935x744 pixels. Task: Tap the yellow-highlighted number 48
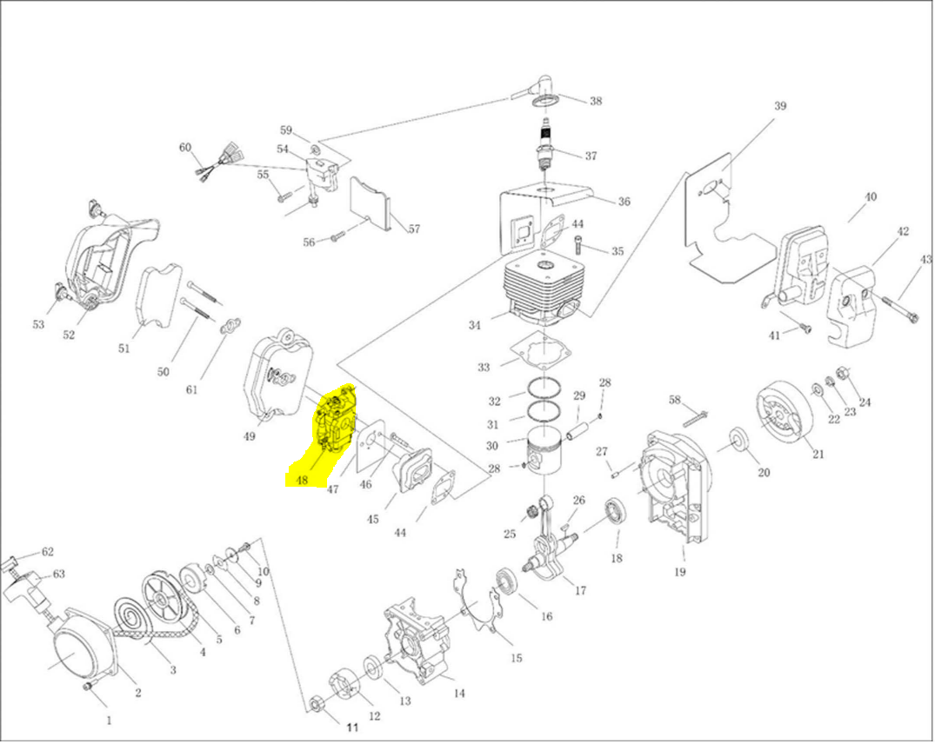pyautogui.click(x=302, y=479)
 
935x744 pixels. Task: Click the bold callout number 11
pyautogui.click(x=352, y=727)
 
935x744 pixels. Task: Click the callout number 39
pyautogui.click(x=780, y=106)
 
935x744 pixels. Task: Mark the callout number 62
pyautogui.click(x=47, y=552)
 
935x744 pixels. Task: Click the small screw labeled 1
pyautogui.click(x=87, y=688)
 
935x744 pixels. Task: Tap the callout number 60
pyautogui.click(x=184, y=148)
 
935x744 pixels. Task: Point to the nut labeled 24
pyautogui.click(x=842, y=374)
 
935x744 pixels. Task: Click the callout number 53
pyautogui.click(x=38, y=324)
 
